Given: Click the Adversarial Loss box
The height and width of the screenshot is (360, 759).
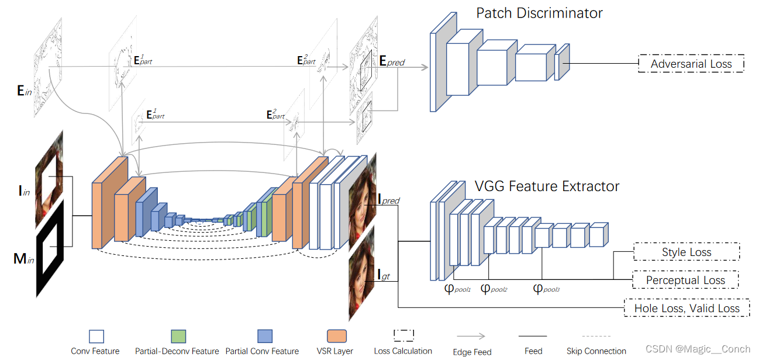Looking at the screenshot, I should [691, 64].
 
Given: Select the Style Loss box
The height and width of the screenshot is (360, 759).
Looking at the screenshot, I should [686, 252].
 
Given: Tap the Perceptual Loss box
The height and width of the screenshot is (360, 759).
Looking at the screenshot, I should [685, 280].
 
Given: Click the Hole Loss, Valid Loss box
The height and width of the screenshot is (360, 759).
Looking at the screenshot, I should [686, 308].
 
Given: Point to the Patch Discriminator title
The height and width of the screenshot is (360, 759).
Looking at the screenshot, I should [539, 13].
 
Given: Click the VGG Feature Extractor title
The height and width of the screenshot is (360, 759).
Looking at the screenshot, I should [547, 186].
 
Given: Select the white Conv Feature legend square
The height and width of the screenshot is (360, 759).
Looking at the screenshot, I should [96, 336].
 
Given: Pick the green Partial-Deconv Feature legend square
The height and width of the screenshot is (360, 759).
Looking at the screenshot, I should [178, 336].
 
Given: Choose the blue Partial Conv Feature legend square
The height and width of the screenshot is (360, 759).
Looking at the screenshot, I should [264, 336].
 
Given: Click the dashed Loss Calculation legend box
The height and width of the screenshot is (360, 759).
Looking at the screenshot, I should [403, 335].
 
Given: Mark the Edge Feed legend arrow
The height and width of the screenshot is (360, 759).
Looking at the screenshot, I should [471, 336].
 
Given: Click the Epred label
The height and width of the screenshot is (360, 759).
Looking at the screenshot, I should [392, 61].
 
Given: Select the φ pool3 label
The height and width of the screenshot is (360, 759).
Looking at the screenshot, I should [546, 289].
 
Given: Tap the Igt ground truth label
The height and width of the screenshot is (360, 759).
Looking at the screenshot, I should [384, 274].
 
